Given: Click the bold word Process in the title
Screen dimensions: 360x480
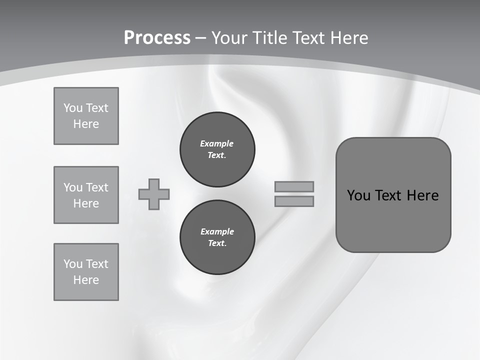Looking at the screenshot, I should pos(157,38).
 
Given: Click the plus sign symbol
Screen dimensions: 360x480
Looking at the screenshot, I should pos(154,194).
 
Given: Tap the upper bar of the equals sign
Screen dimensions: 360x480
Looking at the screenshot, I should pos(294,186).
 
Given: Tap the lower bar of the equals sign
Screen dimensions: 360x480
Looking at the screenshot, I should pos(294,201).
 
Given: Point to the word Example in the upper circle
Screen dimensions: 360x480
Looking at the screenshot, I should pos(216,143).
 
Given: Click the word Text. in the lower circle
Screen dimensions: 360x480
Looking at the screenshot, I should pos(217,243).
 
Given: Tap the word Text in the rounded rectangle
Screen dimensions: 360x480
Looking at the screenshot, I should pos(389,195).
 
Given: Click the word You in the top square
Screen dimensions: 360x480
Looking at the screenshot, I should pos(73,108).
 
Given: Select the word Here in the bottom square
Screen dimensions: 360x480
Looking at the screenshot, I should pos(86,280).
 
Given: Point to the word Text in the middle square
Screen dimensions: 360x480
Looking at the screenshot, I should pos(96,187).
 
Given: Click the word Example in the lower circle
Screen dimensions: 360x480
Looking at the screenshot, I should pos(217,231).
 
